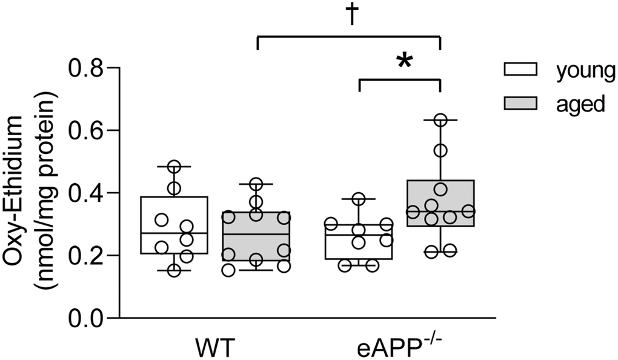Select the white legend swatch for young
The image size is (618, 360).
(522, 71)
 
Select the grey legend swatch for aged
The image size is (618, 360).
(522, 104)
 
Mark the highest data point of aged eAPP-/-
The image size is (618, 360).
(440, 120)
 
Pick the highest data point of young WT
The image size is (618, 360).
(174, 166)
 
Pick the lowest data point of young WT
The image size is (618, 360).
(174, 270)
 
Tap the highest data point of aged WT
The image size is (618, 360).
(256, 184)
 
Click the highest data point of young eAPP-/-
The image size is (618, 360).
(359, 199)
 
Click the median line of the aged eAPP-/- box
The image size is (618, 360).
(440, 212)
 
